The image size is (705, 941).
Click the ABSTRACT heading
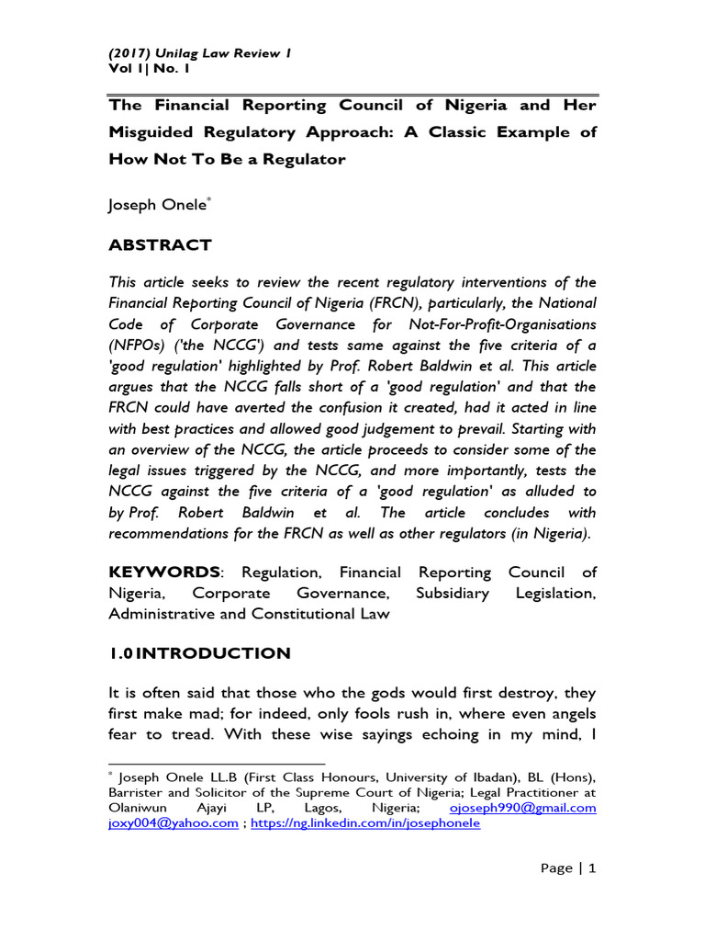coord(160,245)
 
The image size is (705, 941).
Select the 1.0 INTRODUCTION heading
coord(199,653)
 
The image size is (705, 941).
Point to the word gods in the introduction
coord(333,692)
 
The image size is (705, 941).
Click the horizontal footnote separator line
coord(217,763)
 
